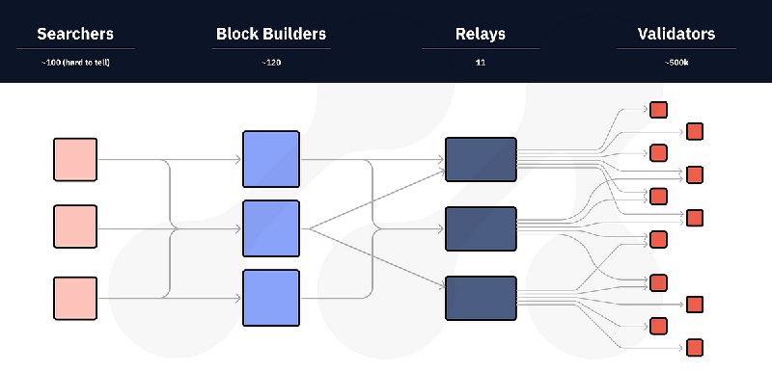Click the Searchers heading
(x=75, y=35)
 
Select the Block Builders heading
(x=271, y=35)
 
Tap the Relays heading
(x=481, y=35)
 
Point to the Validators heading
(x=676, y=35)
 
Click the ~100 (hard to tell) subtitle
(x=75, y=63)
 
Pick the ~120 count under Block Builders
(x=271, y=63)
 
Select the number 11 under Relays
(x=481, y=63)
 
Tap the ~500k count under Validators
(x=676, y=63)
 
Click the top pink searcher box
(x=75, y=159)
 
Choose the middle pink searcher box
(x=75, y=228)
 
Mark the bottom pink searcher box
(x=75, y=298)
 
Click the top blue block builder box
(x=271, y=159)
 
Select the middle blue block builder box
(x=271, y=228)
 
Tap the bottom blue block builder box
(x=271, y=298)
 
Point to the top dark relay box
(x=481, y=159)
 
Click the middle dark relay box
(x=481, y=228)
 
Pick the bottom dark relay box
(x=481, y=298)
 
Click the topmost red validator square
(x=659, y=110)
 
